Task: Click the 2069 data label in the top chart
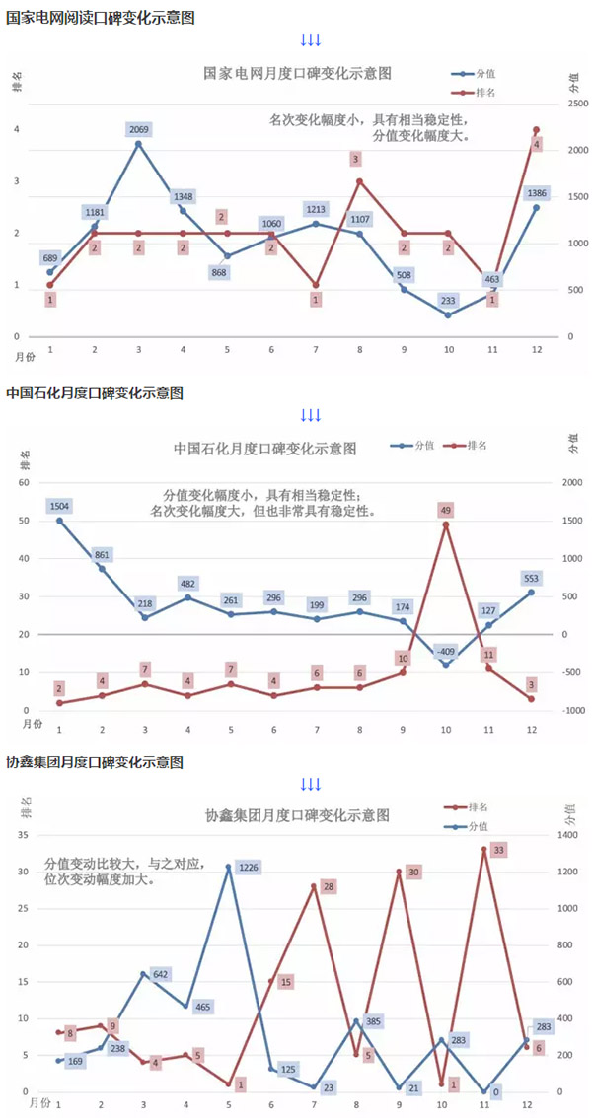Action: point(139,129)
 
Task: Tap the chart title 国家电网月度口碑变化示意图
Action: point(298,73)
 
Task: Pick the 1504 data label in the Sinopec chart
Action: point(59,506)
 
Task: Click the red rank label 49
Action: point(446,510)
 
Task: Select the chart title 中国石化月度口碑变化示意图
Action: point(265,448)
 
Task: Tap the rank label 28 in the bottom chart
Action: point(329,887)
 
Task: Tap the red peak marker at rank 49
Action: point(446,524)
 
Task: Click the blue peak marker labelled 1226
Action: point(229,867)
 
